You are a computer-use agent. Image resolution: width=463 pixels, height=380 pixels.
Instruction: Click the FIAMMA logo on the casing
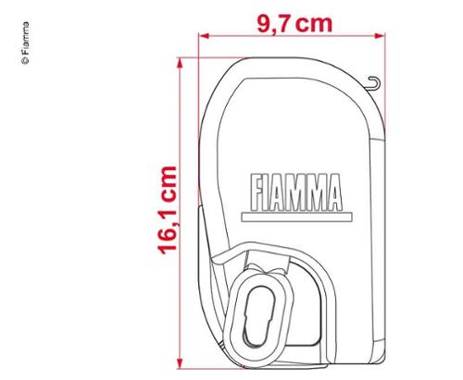click(x=296, y=191)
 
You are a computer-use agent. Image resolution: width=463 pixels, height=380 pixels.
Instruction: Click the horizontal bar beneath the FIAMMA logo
click(x=296, y=215)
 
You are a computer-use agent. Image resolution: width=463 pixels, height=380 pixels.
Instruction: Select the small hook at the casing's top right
click(x=375, y=85)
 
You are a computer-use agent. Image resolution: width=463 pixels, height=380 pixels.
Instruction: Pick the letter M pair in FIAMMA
click(x=307, y=191)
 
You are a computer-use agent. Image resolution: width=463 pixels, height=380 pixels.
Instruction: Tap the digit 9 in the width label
click(x=262, y=21)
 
